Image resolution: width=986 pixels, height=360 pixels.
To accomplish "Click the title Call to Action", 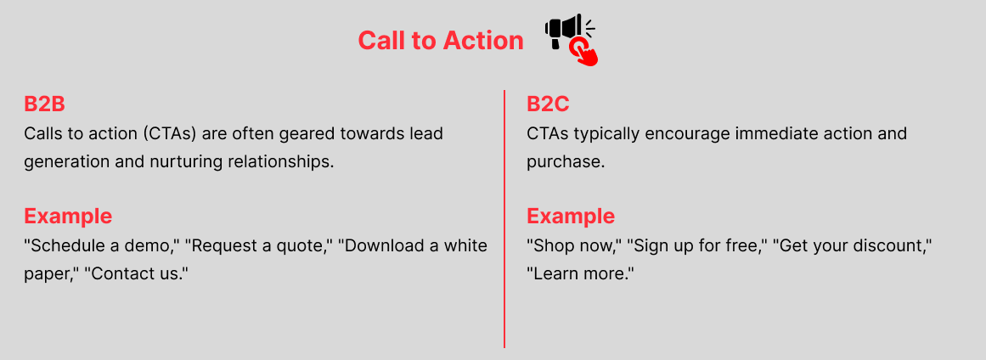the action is coord(440,41).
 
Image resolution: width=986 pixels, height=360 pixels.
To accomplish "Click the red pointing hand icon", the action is coord(585,52).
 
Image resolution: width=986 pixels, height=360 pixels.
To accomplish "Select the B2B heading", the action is coord(45,104).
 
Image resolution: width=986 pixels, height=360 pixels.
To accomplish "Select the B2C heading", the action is coord(548,104).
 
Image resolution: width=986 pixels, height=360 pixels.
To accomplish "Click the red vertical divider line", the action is coord(504,219).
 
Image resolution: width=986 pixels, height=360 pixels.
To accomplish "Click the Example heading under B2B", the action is coord(68,217).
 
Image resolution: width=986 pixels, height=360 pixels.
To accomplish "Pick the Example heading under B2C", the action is coord(571,217).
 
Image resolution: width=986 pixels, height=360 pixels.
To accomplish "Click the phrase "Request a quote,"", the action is coord(258,245).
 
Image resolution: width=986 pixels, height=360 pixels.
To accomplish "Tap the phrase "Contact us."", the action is coord(137,274).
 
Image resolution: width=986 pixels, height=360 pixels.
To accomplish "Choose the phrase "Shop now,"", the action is coord(573,245).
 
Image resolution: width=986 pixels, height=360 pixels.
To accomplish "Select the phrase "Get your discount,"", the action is coord(852,245).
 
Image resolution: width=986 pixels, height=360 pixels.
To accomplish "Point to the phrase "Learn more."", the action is coord(580,274).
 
